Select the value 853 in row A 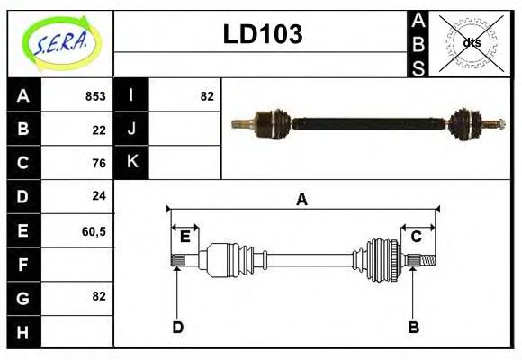pos(94,96)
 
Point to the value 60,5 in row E pos(94,230)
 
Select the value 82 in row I pos(207,96)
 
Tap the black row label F pos(22,264)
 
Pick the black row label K pos(131,163)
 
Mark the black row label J pos(131,130)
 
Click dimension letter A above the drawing pos(301,200)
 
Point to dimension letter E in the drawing pos(184,237)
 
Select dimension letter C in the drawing pos(417,237)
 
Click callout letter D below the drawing pos(177,327)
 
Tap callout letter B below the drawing pos(413,327)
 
